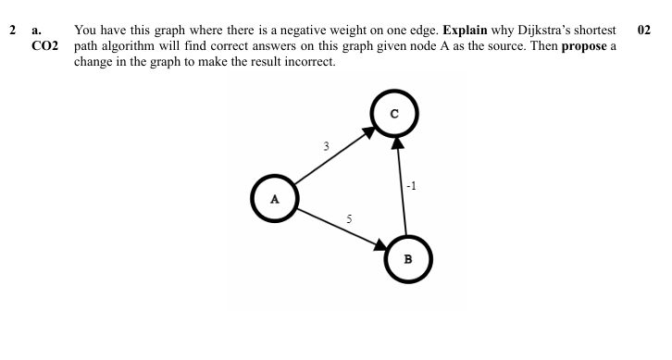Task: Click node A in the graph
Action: pyautogui.click(x=274, y=198)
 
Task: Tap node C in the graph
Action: pyautogui.click(x=395, y=115)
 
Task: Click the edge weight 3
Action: pyautogui.click(x=326, y=145)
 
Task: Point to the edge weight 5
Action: pyautogui.click(x=349, y=219)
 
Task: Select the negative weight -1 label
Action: pyautogui.click(x=412, y=186)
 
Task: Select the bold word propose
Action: pyautogui.click(x=584, y=46)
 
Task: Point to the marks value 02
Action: pyautogui.click(x=645, y=30)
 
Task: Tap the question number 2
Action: pyautogui.click(x=13, y=30)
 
